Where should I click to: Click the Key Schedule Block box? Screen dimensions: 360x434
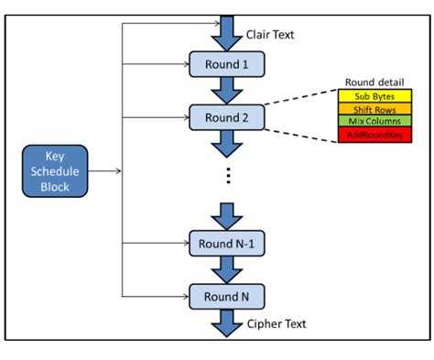coord(60,170)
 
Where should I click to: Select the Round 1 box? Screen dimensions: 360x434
coord(226,64)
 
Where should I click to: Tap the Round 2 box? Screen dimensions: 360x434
coord(226,116)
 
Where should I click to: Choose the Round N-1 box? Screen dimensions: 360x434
coord(226,244)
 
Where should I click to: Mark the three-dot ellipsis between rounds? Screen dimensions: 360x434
coord(226,177)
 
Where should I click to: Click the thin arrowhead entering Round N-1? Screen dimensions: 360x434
coord(185,244)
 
